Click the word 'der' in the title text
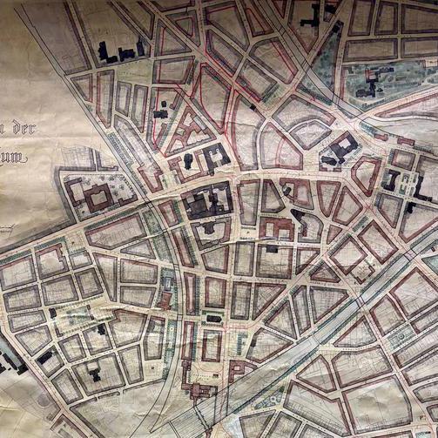22,129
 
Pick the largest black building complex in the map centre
206,204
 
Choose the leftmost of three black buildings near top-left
105,51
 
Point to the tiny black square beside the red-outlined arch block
253,105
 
